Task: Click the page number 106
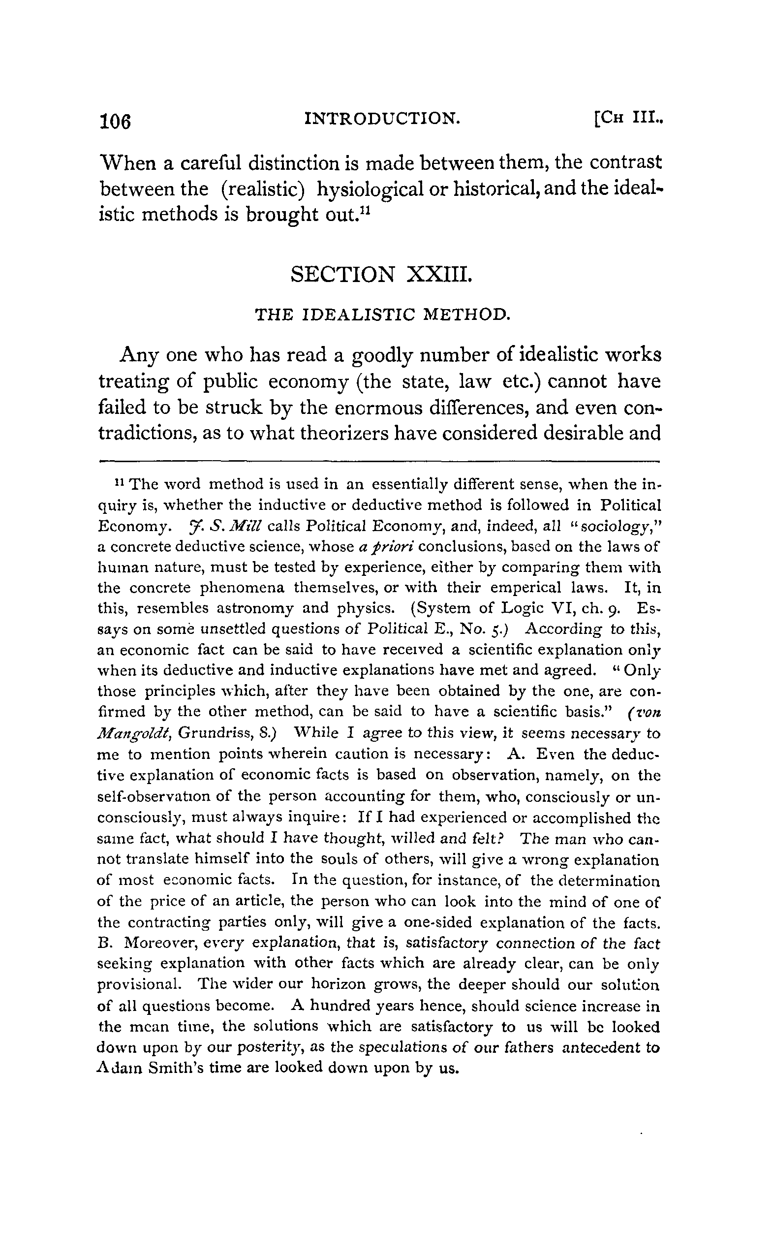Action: (116, 122)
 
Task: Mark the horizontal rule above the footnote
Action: (379, 461)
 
